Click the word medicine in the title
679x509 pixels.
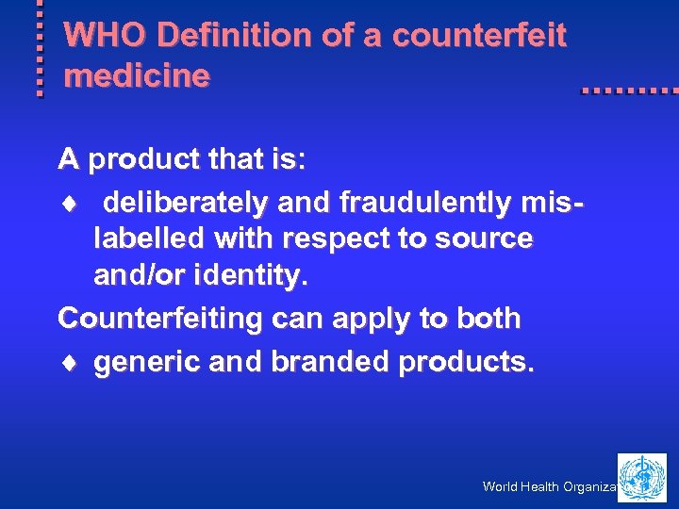tap(136, 76)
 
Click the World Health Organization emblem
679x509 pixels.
tap(642, 477)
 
